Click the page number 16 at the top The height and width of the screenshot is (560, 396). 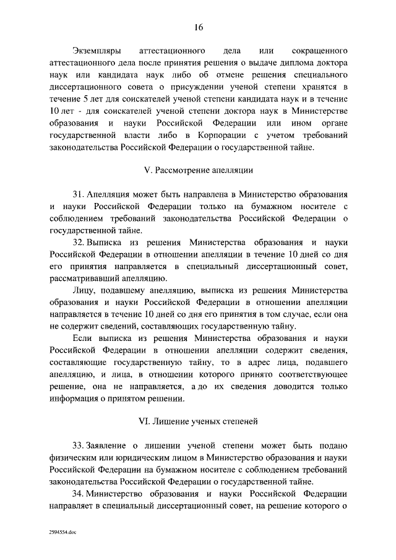click(x=199, y=27)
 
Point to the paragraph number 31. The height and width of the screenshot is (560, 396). click(x=79, y=194)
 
